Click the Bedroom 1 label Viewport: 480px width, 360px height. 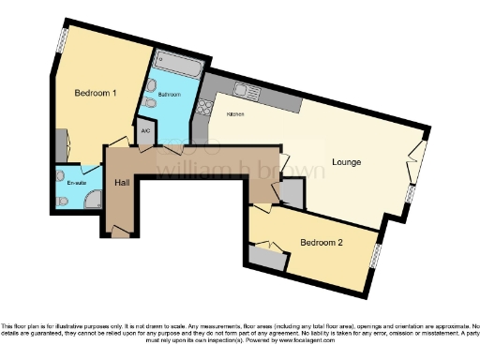click(96, 93)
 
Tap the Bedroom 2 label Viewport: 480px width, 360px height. click(322, 243)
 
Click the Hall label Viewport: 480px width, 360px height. click(121, 183)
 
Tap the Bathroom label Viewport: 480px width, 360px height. click(169, 95)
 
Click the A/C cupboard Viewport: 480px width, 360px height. click(145, 132)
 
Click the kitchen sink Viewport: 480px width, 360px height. click(246, 92)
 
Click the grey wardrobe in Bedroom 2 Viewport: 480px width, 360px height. click(266, 256)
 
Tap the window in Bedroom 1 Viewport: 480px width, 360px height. click(63, 37)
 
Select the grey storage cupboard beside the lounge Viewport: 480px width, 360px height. click(292, 194)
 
